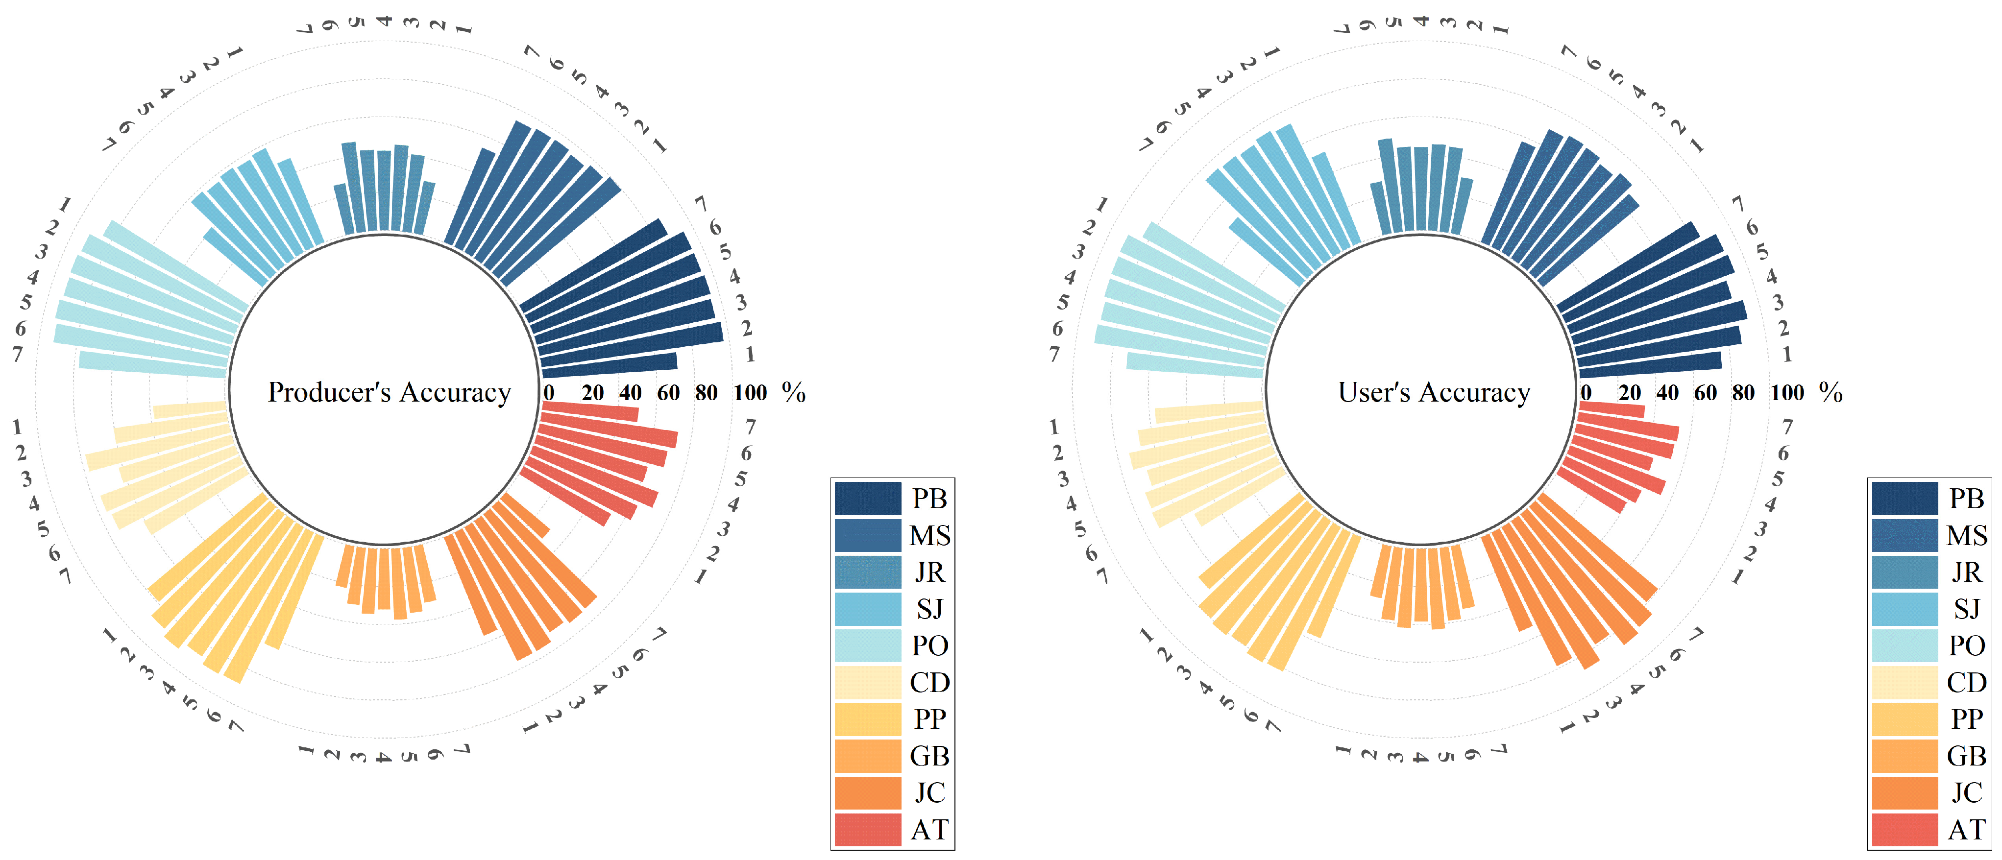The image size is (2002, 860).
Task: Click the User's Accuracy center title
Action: pyautogui.click(x=1434, y=392)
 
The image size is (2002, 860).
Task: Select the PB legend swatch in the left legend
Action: pyautogui.click(x=867, y=498)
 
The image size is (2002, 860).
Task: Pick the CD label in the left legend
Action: pyautogui.click(x=929, y=682)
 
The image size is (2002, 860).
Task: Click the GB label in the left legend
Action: pyautogui.click(x=929, y=756)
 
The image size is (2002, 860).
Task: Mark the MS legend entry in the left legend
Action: pyautogui.click(x=929, y=535)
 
